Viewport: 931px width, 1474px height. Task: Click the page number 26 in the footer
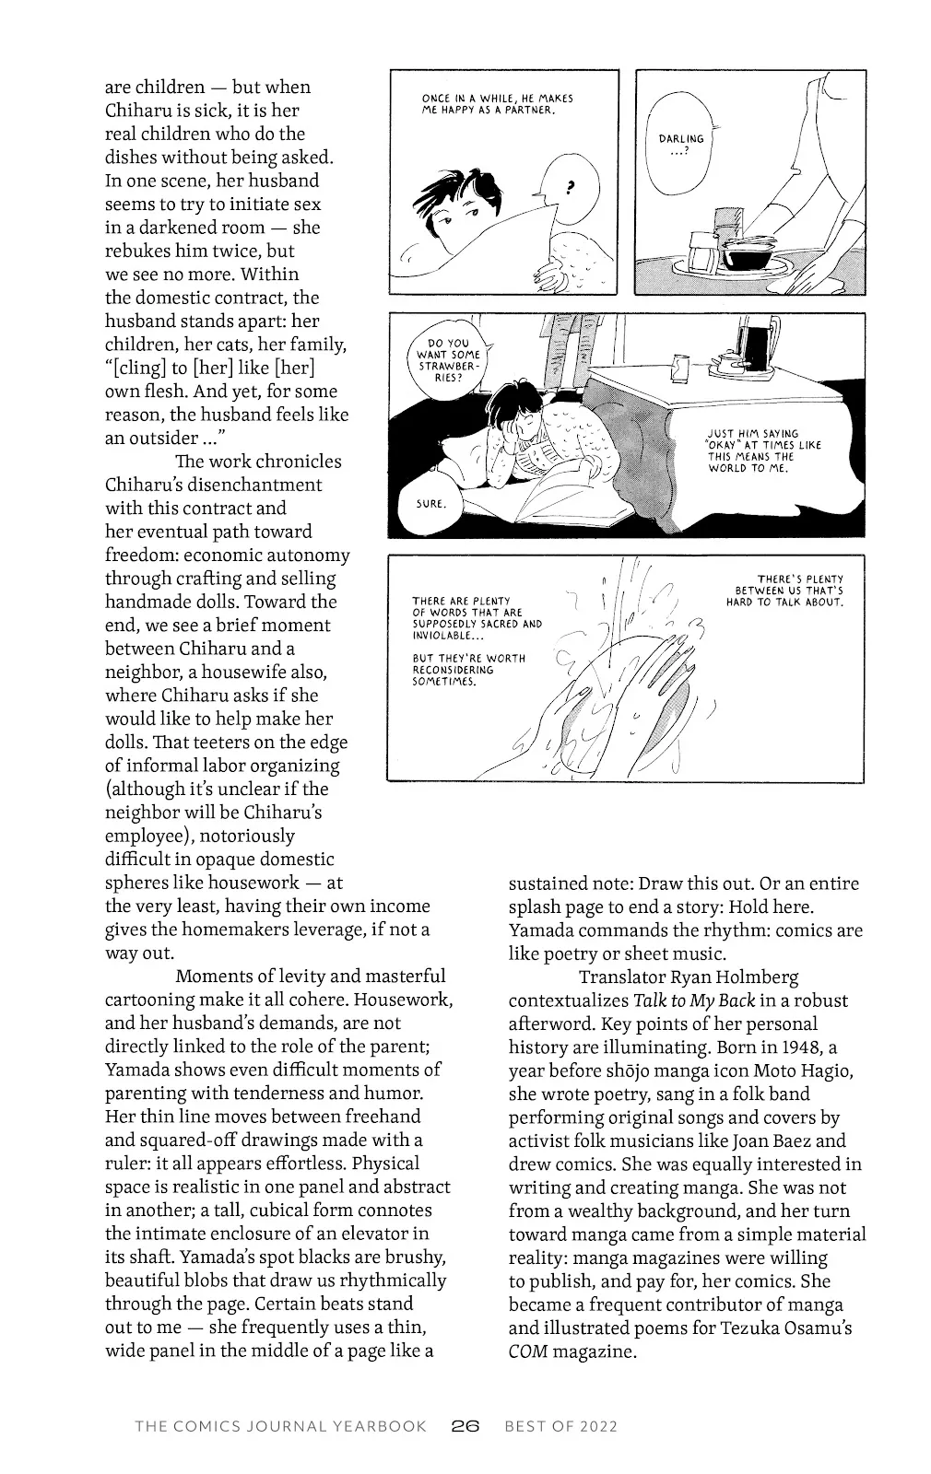(465, 1426)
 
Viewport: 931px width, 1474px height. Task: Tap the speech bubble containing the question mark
(565, 186)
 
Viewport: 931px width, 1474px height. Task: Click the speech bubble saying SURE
(431, 503)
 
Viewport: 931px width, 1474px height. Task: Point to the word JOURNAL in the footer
(285, 1426)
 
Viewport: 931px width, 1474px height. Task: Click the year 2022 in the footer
(598, 1426)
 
